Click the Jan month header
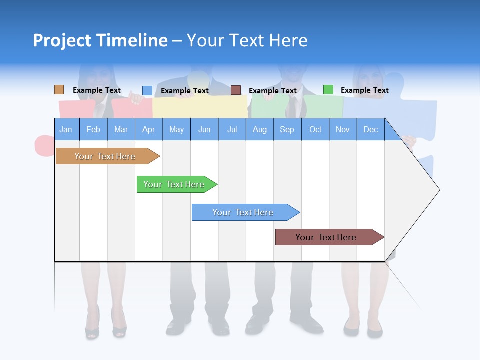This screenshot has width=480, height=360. (66, 129)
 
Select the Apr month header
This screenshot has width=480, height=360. (148, 129)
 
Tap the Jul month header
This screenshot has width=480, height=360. (232, 129)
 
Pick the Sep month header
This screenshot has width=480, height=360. (287, 129)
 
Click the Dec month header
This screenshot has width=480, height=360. (370, 129)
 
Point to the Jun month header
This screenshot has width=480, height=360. (204, 129)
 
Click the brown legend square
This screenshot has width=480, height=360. (59, 90)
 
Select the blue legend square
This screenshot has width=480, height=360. (147, 90)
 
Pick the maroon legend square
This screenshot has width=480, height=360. (236, 90)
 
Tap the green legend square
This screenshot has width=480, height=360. (328, 90)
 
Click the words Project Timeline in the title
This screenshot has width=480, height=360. (100, 40)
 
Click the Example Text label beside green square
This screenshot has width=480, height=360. (364, 90)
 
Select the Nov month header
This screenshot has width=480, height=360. (342, 129)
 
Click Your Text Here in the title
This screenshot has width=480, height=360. (247, 40)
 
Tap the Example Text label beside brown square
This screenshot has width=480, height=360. (97, 90)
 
